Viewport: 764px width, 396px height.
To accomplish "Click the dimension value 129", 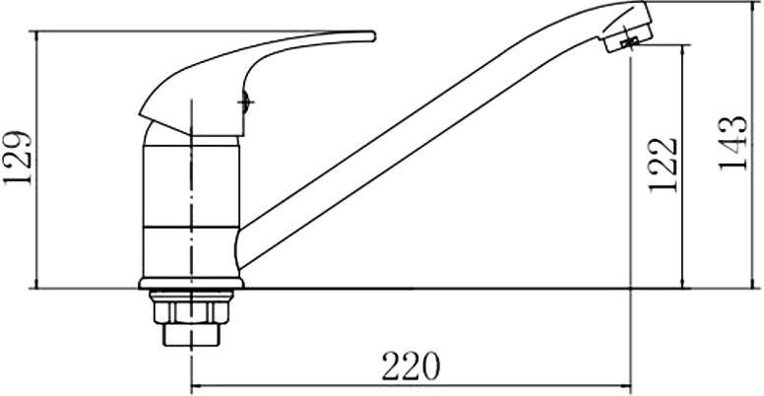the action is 18,158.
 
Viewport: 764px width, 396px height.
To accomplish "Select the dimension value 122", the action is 663,165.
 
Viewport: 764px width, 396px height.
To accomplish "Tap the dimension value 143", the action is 732,144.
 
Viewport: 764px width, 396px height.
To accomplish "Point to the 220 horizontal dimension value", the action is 411,365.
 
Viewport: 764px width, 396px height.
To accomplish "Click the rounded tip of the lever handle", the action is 372,36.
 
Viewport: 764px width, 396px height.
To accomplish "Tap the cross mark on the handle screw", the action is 245,101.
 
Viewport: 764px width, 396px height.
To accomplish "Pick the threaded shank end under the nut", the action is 191,335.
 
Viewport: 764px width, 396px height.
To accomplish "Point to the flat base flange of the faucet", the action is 191,284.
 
